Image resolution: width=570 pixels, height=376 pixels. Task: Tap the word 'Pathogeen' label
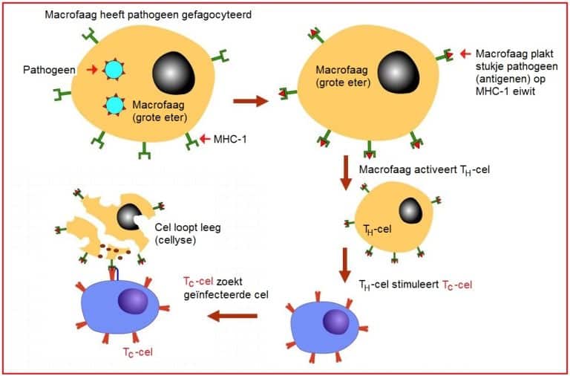47,70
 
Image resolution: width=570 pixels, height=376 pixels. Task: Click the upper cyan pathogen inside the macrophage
114,70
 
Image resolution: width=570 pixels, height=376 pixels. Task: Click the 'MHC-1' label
230,139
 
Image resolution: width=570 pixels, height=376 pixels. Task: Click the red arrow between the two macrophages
251,100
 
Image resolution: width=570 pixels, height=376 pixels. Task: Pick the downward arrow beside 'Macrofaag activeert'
344,171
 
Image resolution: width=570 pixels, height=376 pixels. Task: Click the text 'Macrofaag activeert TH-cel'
422,170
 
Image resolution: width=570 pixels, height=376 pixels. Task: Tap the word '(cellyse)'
177,240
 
